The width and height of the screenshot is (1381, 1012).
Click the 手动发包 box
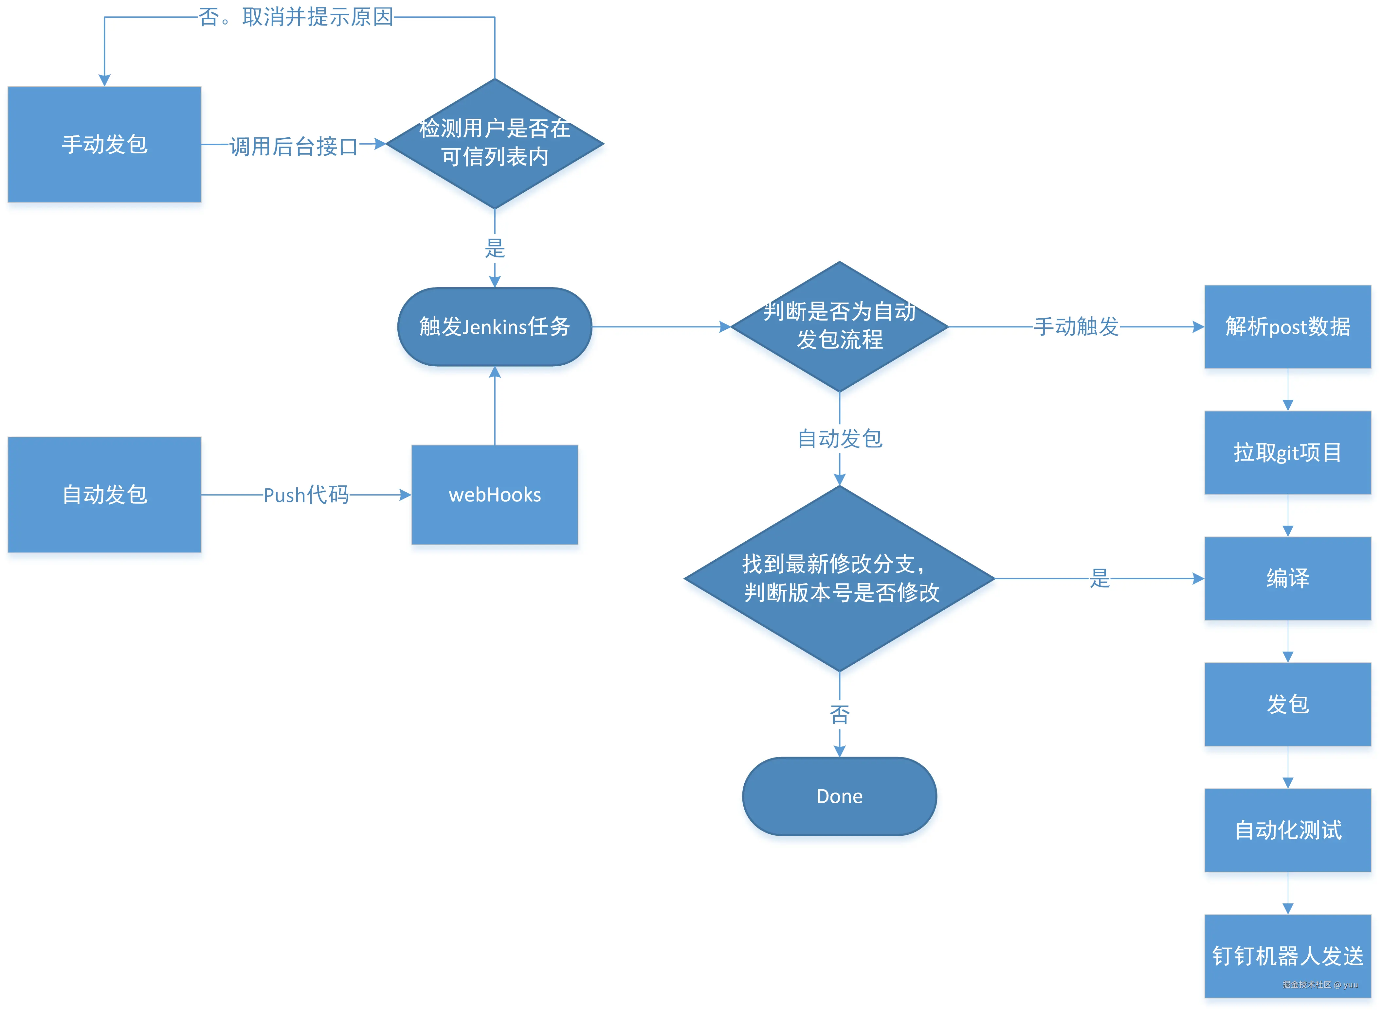[x=104, y=145]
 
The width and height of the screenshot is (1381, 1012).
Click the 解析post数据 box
[x=1287, y=326]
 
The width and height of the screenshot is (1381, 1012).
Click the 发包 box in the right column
[x=1287, y=704]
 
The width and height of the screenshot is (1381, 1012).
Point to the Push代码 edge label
[x=306, y=494]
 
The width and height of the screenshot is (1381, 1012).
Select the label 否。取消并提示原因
[x=296, y=17]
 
